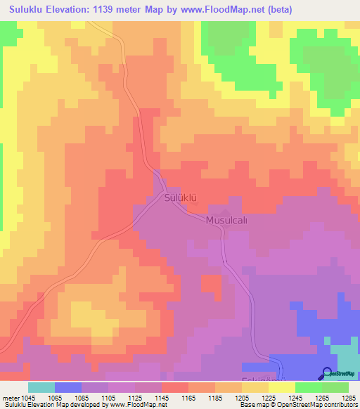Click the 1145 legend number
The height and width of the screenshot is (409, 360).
click(161, 398)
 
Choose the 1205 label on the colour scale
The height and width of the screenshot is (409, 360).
click(241, 398)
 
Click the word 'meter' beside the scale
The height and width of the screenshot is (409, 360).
click(10, 398)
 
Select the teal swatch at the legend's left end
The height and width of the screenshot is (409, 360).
click(41, 387)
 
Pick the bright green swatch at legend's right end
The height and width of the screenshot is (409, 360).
click(335, 387)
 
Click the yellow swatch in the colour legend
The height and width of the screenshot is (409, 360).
click(282, 387)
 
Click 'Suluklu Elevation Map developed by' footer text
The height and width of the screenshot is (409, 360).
click(53, 405)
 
